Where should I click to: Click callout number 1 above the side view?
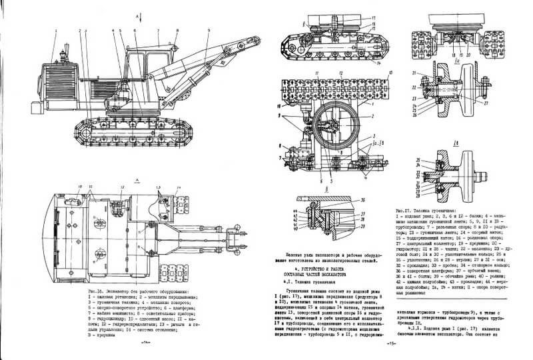coord(57,31)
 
